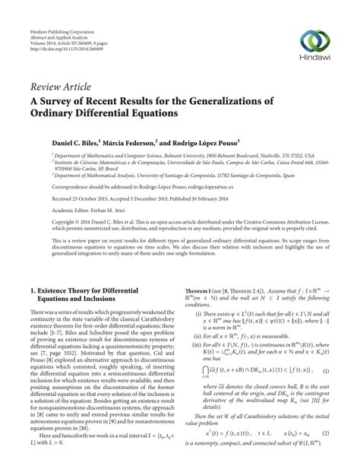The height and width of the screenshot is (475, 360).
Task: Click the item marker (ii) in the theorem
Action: (200, 334)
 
